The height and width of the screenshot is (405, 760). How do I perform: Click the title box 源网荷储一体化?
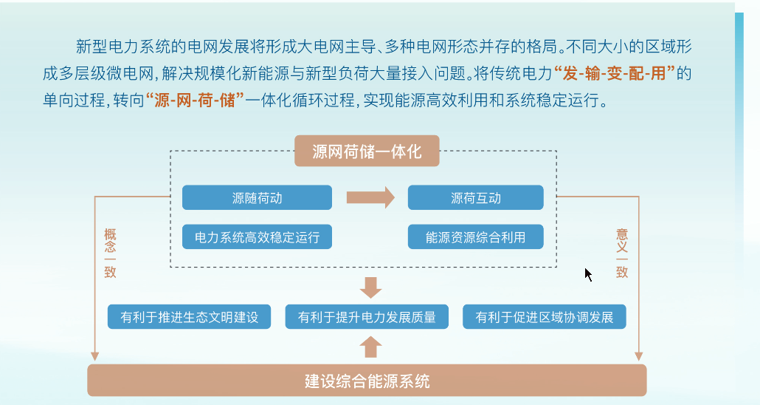(x=367, y=151)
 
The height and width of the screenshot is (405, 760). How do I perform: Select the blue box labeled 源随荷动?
(x=257, y=197)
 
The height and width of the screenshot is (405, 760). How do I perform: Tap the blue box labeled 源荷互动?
(x=475, y=197)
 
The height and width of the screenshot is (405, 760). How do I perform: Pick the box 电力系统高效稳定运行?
(x=257, y=237)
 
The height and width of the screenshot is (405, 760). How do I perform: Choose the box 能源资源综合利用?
(x=475, y=237)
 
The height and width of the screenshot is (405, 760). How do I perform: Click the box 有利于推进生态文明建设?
(x=189, y=316)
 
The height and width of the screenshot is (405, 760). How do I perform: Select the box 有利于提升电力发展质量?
(x=367, y=316)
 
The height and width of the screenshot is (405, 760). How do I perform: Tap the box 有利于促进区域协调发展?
(x=545, y=316)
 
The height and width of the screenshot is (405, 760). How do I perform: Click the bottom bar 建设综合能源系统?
(x=367, y=381)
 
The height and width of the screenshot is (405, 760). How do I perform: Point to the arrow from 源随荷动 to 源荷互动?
(x=370, y=197)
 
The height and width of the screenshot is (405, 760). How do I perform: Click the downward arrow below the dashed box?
(x=371, y=287)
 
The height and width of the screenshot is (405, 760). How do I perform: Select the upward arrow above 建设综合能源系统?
(x=371, y=347)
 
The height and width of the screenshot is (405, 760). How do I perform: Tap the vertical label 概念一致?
(x=110, y=253)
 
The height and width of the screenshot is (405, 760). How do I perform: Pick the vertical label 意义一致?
(x=622, y=253)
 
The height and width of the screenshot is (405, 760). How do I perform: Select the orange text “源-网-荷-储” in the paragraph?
(x=195, y=100)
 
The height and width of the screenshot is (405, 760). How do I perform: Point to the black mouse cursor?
(x=588, y=274)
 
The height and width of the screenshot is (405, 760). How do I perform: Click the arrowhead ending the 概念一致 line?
(x=95, y=356)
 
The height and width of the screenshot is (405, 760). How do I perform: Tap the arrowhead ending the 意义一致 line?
(x=639, y=356)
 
